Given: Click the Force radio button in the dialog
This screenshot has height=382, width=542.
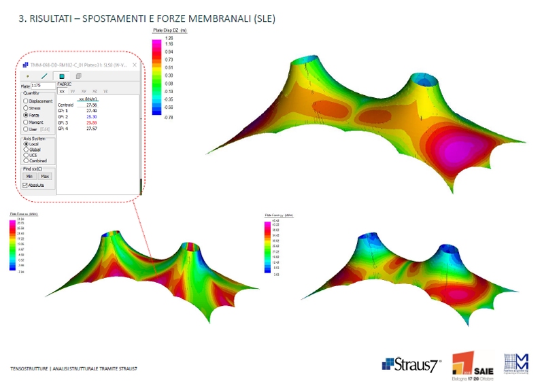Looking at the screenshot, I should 26,115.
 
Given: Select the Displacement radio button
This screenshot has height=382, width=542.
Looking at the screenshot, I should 26,101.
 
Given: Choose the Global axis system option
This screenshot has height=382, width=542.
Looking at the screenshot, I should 26,150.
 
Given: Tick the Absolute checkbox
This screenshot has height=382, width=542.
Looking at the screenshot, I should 25,184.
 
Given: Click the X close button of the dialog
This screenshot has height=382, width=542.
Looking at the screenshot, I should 135,65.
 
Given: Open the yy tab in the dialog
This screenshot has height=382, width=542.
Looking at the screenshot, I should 73,90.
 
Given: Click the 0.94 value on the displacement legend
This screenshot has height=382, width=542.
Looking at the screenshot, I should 168,52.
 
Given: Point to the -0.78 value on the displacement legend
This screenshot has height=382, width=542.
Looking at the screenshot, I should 167,117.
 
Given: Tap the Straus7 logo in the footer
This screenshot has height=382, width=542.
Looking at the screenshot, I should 411,364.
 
